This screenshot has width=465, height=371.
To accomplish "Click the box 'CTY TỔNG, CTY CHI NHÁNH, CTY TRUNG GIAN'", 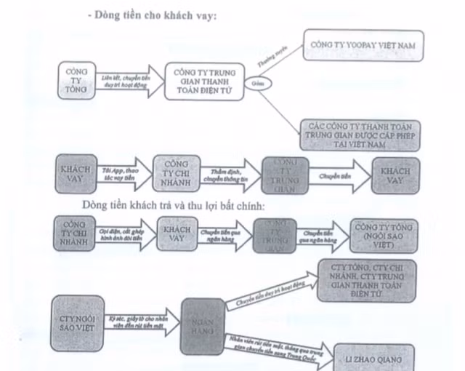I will [x=366, y=280].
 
